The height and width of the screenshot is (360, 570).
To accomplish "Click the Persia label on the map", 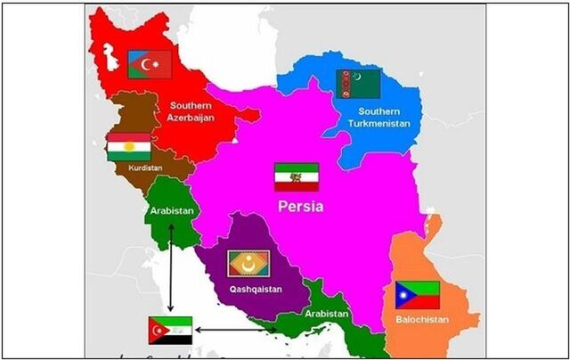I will [x=298, y=207].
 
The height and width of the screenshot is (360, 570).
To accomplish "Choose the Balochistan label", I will [x=420, y=319].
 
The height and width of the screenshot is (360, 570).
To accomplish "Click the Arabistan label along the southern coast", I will [x=326, y=314].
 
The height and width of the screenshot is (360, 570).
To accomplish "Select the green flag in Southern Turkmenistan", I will [x=358, y=84].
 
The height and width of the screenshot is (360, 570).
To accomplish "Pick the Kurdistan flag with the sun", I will [x=129, y=148].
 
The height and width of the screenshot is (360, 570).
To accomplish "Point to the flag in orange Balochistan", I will [x=418, y=295].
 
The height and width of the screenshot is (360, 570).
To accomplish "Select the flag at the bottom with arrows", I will [x=169, y=330].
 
